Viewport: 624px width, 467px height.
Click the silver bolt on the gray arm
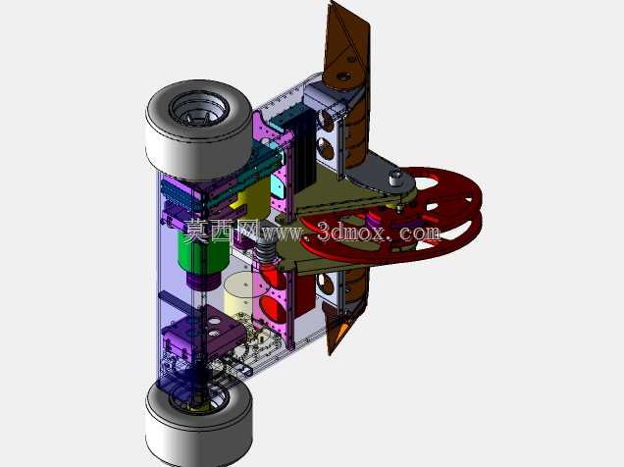click(x=395, y=177)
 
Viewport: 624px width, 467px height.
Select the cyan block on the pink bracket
click(x=278, y=186)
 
